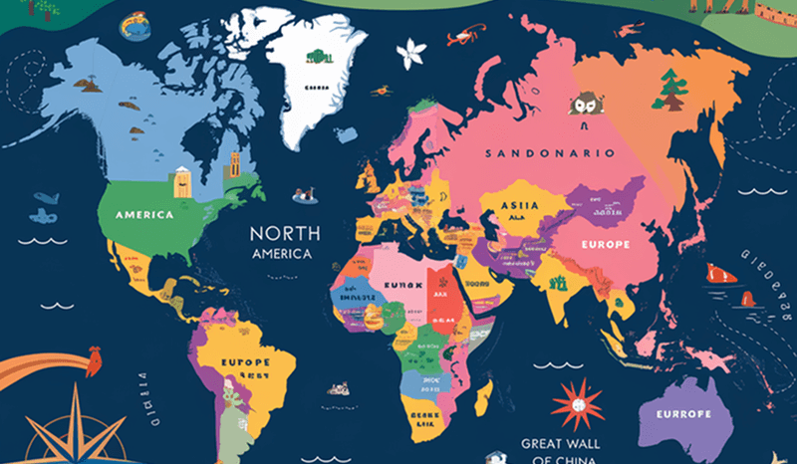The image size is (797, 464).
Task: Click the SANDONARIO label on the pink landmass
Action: pyautogui.click(x=549, y=153)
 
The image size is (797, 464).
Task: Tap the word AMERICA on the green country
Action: pyautogui.click(x=145, y=214)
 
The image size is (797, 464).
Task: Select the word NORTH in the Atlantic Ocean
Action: pyautogui.click(x=285, y=233)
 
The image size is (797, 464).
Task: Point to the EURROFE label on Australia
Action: pyautogui.click(x=683, y=413)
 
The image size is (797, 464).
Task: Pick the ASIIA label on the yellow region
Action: pyautogui.click(x=518, y=205)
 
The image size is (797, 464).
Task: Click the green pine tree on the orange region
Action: pyautogui.click(x=668, y=91)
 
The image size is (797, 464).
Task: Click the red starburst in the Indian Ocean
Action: pyautogui.click(x=577, y=402)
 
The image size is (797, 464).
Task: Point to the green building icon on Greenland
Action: pyautogui.click(x=318, y=57)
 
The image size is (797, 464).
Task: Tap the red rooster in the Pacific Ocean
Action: pyautogui.click(x=95, y=356)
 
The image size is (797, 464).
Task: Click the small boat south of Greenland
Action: pyautogui.click(x=305, y=195)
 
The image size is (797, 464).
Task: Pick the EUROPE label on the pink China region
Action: pyautogui.click(x=598, y=244)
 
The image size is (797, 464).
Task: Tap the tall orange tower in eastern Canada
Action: pyautogui.click(x=234, y=165)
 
